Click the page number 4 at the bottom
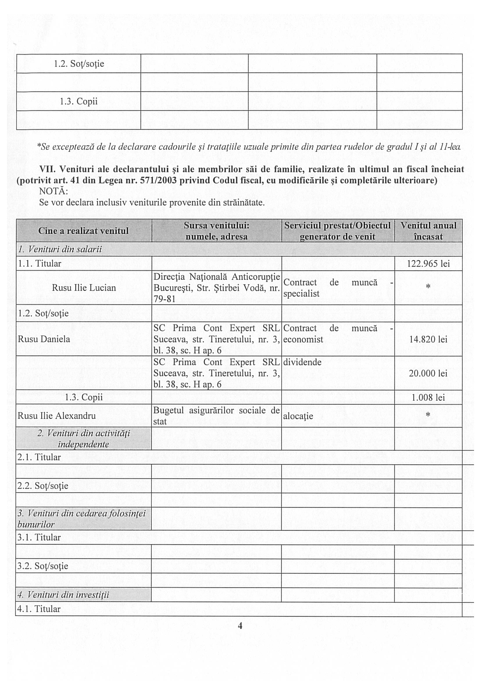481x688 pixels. [240, 625]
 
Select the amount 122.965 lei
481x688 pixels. [428, 264]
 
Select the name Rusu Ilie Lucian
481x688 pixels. [84, 288]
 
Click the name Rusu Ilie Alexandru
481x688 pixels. [57, 415]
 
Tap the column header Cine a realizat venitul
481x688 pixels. [84, 231]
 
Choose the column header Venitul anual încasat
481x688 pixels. [428, 231]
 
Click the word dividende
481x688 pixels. [302, 362]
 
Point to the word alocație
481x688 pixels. [298, 416]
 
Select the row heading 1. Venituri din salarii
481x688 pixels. [60, 249]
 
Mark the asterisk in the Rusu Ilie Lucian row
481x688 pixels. [428, 287]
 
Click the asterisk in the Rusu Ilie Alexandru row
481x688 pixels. [428, 415]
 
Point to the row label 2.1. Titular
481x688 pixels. [39, 457]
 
